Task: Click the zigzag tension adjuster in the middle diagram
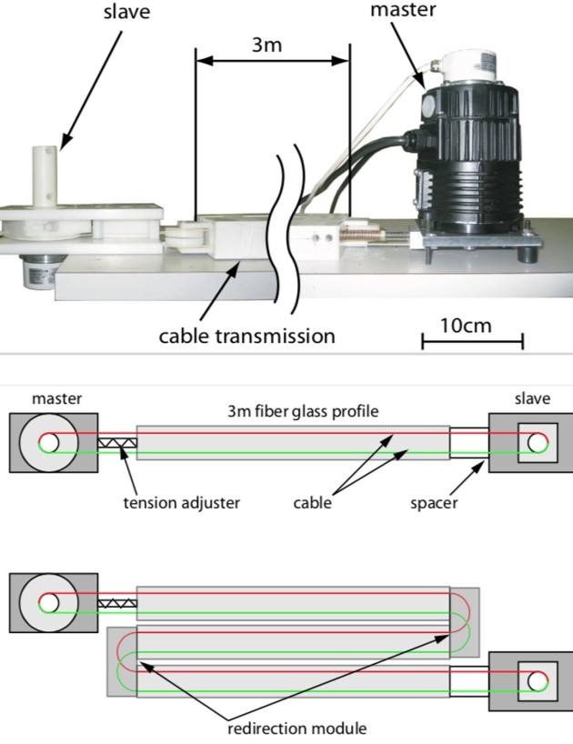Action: pyautogui.click(x=116, y=444)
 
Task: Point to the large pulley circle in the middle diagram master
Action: pyautogui.click(x=50, y=444)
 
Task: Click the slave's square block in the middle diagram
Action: pyautogui.click(x=533, y=444)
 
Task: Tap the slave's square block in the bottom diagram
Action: pyautogui.click(x=533, y=679)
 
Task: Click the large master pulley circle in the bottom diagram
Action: pyautogui.click(x=50, y=601)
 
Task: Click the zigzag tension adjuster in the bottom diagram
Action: pyautogui.click(x=116, y=602)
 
